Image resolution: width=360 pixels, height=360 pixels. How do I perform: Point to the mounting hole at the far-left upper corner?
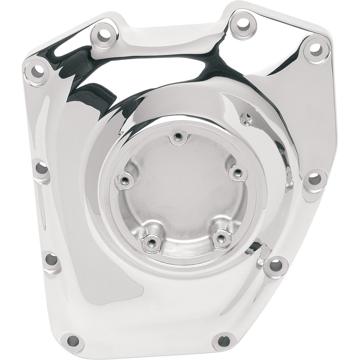[x=37, y=70]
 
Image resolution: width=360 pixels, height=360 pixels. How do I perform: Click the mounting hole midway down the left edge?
[x=42, y=168]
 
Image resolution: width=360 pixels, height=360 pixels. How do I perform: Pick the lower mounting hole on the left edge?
[x=51, y=260]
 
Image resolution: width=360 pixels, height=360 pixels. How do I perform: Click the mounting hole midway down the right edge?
[x=314, y=177]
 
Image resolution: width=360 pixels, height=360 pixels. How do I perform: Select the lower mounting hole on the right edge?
[x=275, y=265]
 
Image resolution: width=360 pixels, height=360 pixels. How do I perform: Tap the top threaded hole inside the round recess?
[x=178, y=136]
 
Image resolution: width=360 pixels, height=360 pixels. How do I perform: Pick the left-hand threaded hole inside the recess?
[x=125, y=179]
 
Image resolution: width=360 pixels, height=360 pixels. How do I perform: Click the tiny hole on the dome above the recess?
[x=246, y=117]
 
